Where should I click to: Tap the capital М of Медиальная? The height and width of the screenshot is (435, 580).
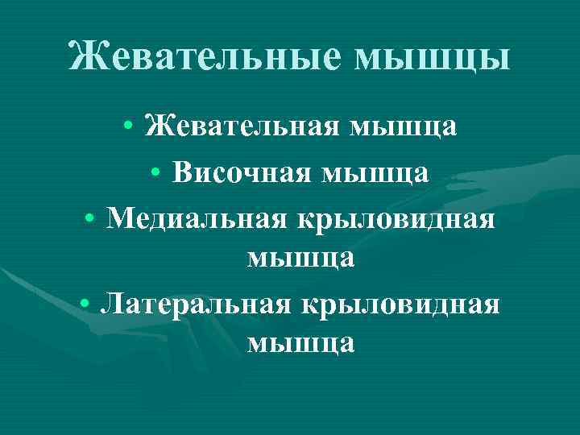click(118, 216)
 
